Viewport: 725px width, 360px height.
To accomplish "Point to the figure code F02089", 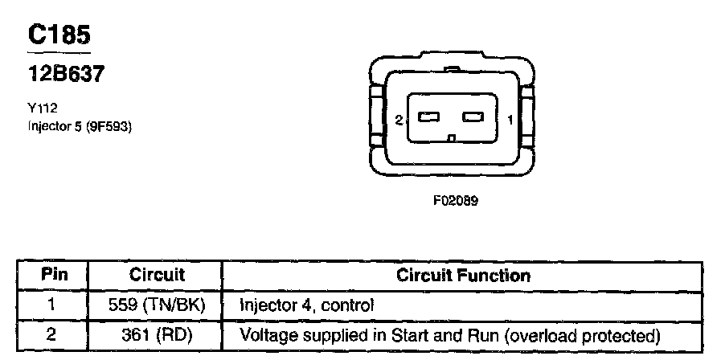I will tap(456, 202).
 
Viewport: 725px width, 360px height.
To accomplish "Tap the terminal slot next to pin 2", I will tap(429, 118).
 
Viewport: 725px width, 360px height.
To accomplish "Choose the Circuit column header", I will tap(157, 276).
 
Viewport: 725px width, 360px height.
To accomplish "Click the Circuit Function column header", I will tap(464, 276).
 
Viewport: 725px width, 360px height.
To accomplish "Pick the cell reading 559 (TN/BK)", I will tap(157, 305).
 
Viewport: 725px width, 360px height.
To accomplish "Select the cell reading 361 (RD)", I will tap(157, 334).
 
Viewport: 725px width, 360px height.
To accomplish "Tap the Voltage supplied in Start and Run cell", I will tap(449, 334).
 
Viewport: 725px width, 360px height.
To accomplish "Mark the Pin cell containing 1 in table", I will tap(51, 305).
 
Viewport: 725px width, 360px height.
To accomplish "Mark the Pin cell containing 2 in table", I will tap(51, 334).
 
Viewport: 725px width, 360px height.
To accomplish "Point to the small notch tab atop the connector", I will tap(453, 70).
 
